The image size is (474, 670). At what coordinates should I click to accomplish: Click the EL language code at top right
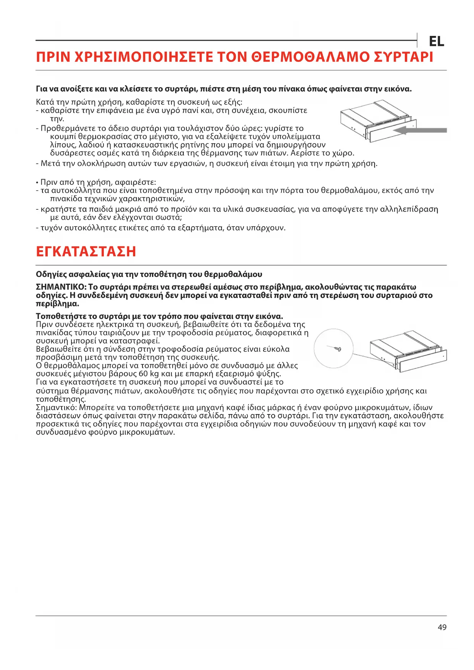tap(436, 41)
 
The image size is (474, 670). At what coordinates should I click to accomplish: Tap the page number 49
tap(442, 627)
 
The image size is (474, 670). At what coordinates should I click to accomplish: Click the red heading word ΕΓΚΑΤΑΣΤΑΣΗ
tap(86, 252)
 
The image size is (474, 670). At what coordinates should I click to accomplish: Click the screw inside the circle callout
tap(336, 348)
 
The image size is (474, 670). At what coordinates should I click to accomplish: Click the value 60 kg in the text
tap(149, 374)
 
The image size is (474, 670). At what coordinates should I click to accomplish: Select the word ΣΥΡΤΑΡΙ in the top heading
tap(403, 57)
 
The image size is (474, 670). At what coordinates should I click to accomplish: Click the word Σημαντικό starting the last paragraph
tap(56, 407)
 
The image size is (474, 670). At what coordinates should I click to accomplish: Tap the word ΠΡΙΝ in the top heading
tap(53, 57)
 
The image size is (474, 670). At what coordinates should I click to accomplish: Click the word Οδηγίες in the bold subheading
tap(50, 274)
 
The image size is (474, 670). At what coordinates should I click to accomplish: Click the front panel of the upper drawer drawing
tap(390, 131)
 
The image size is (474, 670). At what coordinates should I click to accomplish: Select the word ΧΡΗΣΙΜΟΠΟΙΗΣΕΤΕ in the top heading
tap(143, 57)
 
